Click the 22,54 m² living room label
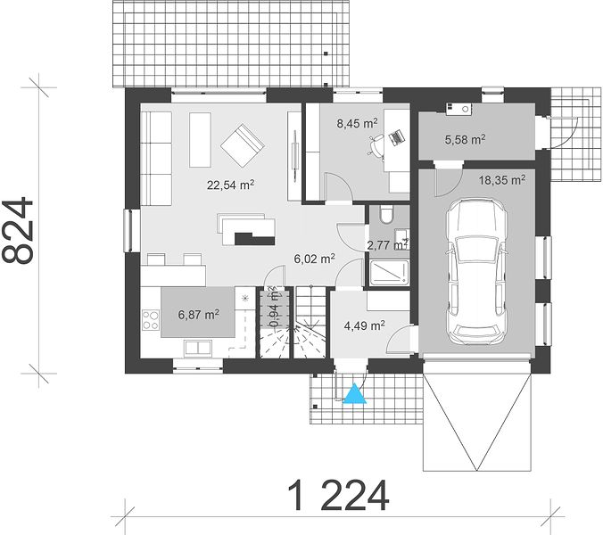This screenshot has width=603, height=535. (x=230, y=185)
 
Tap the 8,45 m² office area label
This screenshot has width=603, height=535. (x=357, y=123)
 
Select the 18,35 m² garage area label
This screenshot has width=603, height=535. (x=502, y=180)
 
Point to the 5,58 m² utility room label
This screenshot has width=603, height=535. (x=465, y=139)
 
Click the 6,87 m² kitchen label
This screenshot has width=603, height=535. (x=198, y=315)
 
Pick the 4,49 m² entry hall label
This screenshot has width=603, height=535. (x=365, y=326)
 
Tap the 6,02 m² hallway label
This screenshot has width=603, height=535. (x=314, y=259)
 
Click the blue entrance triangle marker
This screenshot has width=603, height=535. (x=354, y=393)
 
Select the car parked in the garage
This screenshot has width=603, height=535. (x=476, y=271)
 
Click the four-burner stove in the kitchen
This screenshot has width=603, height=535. (x=151, y=320)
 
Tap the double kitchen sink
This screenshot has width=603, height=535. (x=198, y=348)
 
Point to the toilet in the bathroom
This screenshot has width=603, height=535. (x=385, y=215)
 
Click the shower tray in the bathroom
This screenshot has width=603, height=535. (x=389, y=273)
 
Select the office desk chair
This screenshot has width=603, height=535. (x=376, y=146)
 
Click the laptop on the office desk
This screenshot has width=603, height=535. (x=396, y=137)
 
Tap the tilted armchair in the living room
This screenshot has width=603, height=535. (x=243, y=145)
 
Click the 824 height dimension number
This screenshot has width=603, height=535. (x=18, y=231)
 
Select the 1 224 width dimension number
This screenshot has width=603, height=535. (x=338, y=496)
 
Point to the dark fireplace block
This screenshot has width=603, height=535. (x=254, y=239)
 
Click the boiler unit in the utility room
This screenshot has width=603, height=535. (x=458, y=109)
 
